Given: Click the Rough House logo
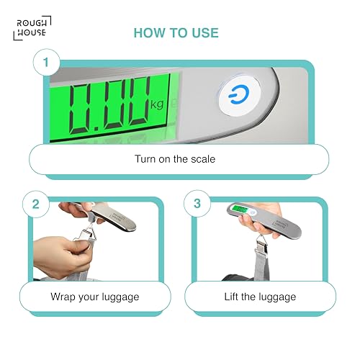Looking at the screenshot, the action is pos(32,28).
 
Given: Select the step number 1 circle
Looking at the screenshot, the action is pos(46,62).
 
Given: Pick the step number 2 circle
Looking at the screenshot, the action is pos(36,204).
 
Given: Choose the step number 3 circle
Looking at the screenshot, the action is pos(197,204).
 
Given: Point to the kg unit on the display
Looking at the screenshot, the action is pos(157,104).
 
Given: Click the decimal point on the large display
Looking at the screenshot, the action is pos(96,129).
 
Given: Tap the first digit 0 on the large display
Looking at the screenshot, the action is pos(80,109).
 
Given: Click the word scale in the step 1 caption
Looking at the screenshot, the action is pos(203,159).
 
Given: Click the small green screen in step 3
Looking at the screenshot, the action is pos(240,210).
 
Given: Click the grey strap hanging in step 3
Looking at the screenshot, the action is pos(261,266).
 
